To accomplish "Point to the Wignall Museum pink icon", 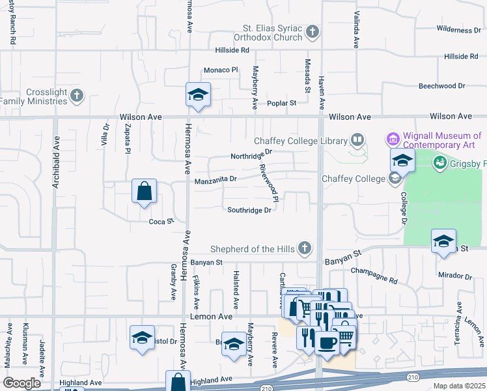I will (x=393, y=139).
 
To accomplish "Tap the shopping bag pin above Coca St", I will (x=145, y=192).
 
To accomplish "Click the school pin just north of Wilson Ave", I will (x=197, y=95).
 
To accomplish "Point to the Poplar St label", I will (x=281, y=103).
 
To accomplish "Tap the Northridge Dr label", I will (x=251, y=156).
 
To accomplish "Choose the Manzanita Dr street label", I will (x=216, y=179).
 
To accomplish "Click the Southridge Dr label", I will (x=249, y=210).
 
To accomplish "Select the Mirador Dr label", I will (x=455, y=276).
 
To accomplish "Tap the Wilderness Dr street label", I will (x=458, y=29).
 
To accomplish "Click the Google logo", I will (x=22, y=383).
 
